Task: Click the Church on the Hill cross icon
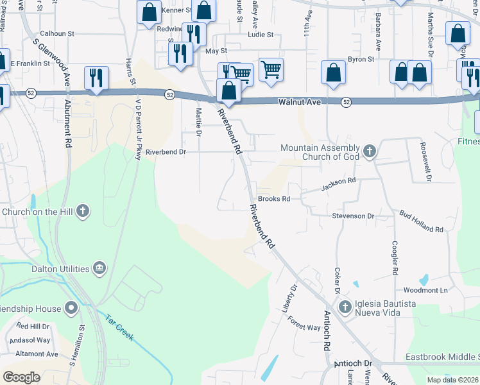[x=82, y=211]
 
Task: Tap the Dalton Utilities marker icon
[x=99, y=267]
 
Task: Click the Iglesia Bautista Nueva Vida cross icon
[x=345, y=307]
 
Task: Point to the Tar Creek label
[x=120, y=327]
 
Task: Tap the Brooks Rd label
[x=274, y=199]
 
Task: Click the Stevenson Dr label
[x=353, y=216]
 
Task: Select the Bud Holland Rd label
[x=421, y=221]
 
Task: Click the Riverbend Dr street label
[x=166, y=152]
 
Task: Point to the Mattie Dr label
[x=198, y=123]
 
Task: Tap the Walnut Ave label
[x=298, y=102]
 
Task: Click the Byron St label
[x=361, y=59]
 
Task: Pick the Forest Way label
[x=304, y=323]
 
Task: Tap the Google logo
[x=21, y=377]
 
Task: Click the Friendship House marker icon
[x=71, y=309]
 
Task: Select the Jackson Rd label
[x=338, y=184]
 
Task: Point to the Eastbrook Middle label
[x=442, y=357]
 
